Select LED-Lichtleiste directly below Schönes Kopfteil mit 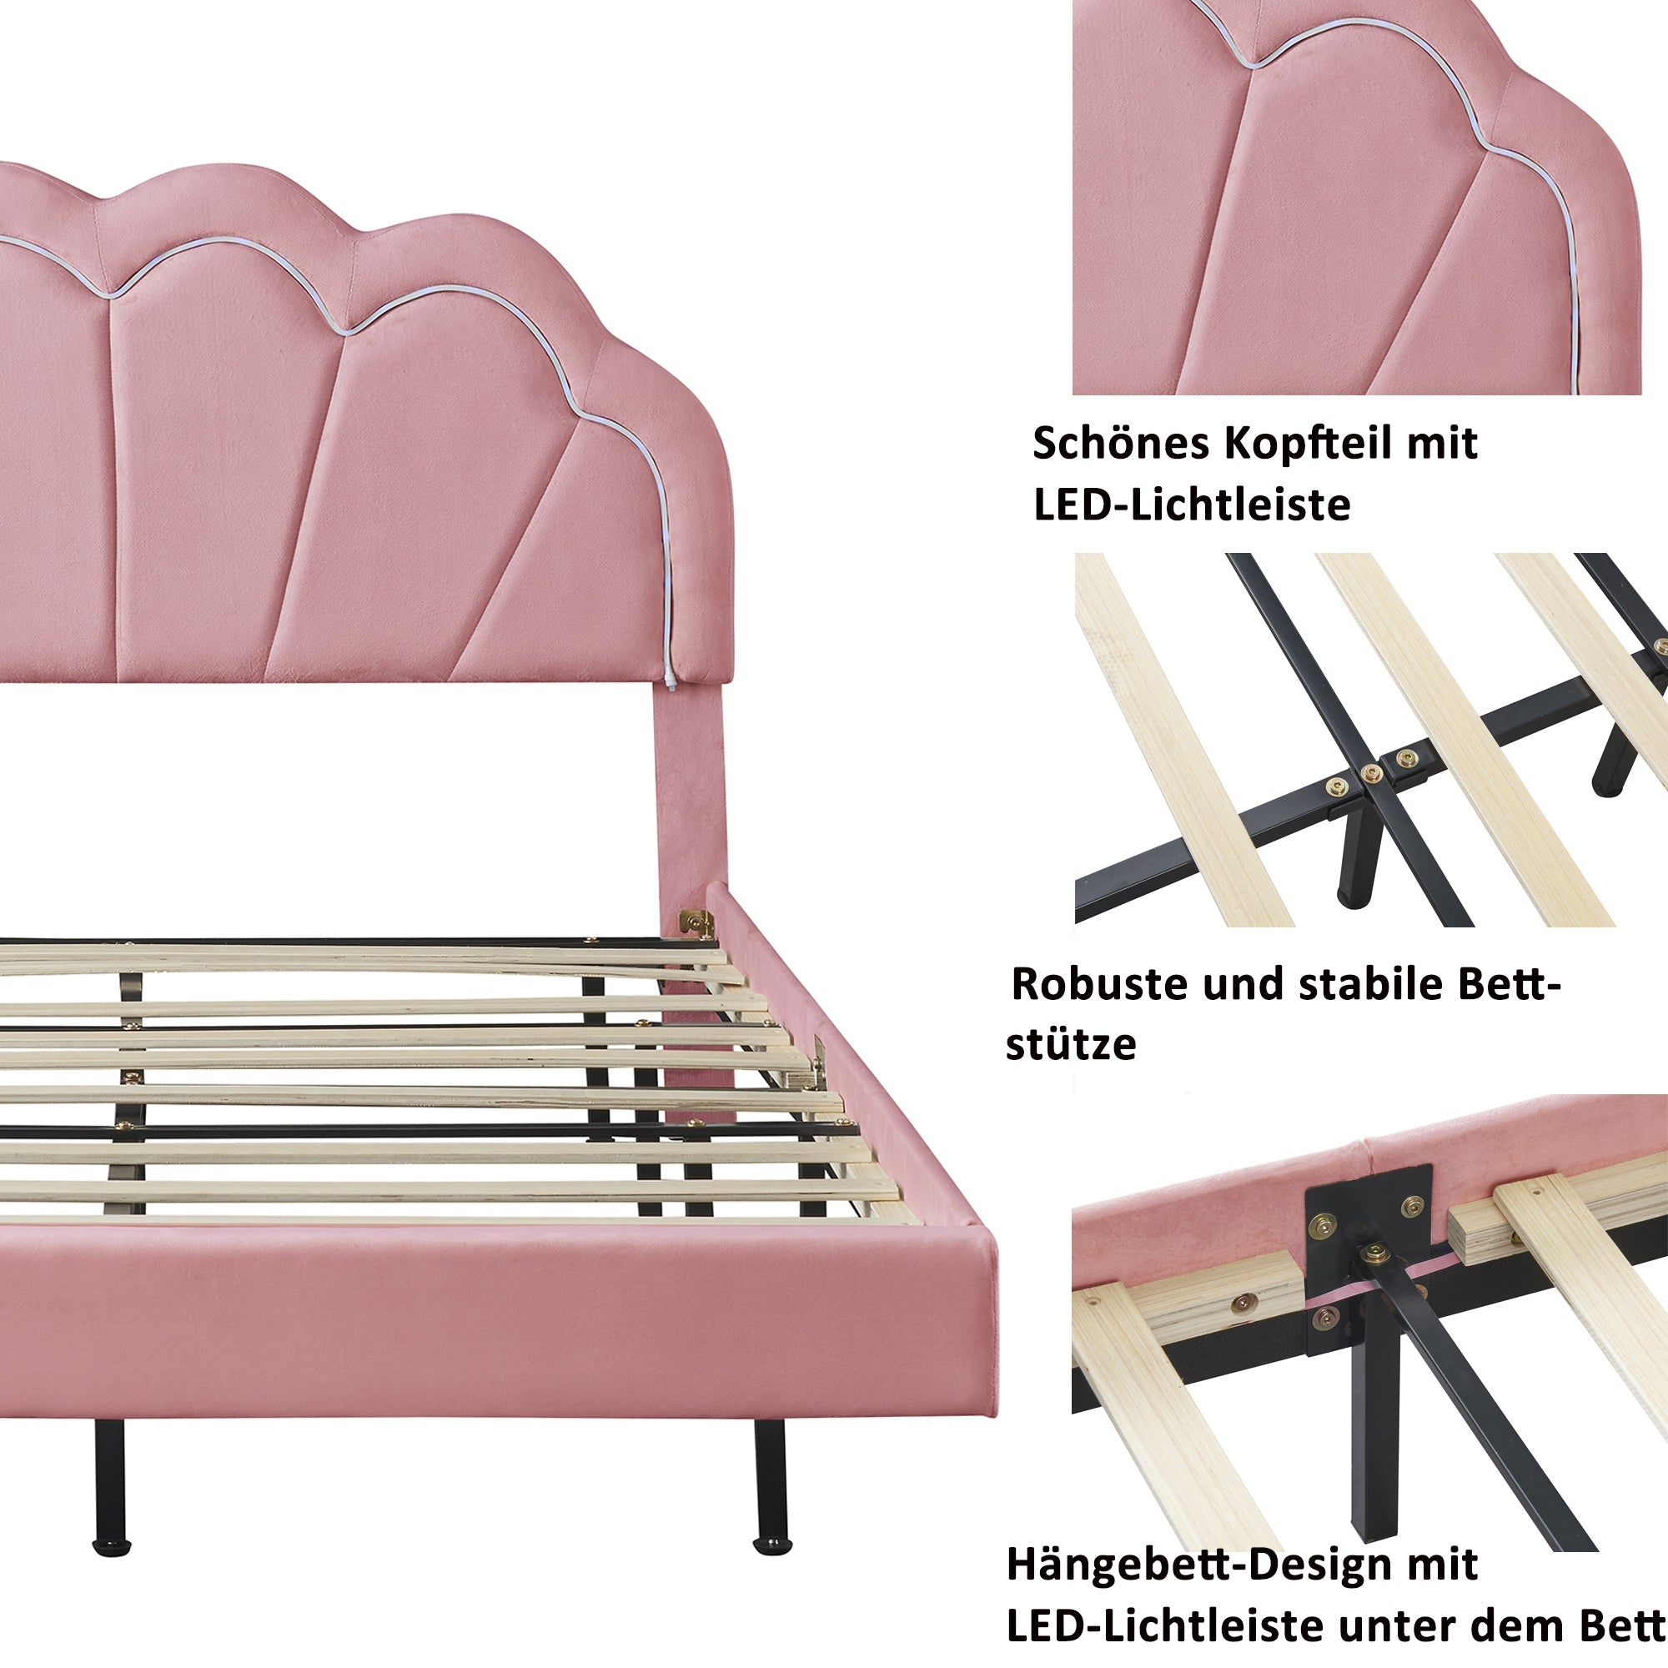point(1192,505)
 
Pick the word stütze point(1071,1045)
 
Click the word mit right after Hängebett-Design point(1444,1541)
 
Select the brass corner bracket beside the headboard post point(695,922)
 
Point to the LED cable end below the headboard point(671,685)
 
